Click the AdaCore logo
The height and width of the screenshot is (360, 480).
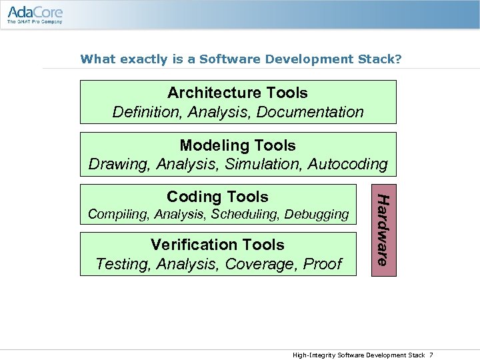[x=35, y=11]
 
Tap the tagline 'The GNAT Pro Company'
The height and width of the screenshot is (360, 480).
[x=35, y=21]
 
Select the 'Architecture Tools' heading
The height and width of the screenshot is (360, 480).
[x=237, y=93]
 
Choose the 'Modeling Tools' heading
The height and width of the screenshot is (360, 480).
[x=237, y=145]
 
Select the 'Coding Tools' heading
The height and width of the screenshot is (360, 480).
[x=217, y=197]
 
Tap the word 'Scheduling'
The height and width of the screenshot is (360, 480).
[x=246, y=215]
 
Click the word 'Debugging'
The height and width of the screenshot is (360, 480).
[x=317, y=215]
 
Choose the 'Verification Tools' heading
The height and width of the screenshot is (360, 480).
[x=217, y=245]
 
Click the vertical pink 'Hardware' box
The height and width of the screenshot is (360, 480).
[x=383, y=230]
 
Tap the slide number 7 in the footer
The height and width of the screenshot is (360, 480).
[x=431, y=355]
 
